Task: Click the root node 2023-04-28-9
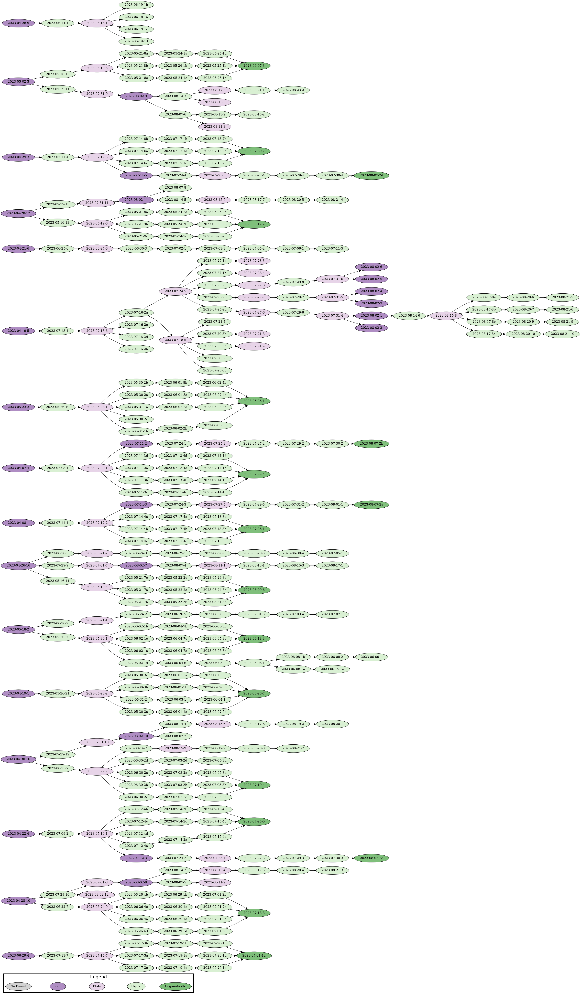click(x=18, y=23)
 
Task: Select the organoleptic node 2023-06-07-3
click(x=254, y=66)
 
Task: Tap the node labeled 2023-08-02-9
click(x=136, y=96)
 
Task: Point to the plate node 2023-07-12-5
click(x=97, y=157)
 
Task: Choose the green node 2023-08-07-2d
click(x=371, y=175)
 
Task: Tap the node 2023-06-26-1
click(x=254, y=401)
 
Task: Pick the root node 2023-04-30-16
click(x=18, y=759)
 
